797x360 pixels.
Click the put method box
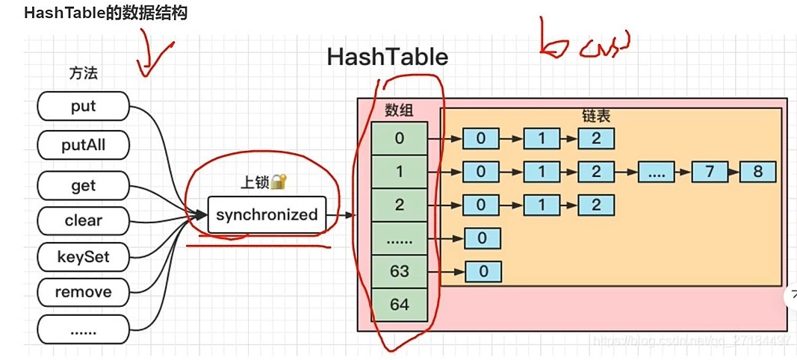tap(83, 107)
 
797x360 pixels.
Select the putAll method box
tap(83, 144)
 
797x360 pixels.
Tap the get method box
tap(83, 185)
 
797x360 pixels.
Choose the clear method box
tap(83, 220)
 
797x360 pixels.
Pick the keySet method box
tap(83, 257)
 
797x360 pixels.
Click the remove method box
tap(83, 292)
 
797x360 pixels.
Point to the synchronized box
tap(267, 215)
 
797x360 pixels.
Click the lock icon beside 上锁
tap(279, 181)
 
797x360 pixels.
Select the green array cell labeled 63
tap(400, 270)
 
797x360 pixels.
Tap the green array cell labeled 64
tap(400, 305)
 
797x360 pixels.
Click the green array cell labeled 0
tap(400, 138)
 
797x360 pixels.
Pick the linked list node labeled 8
tap(758, 172)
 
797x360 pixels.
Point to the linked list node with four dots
tap(657, 172)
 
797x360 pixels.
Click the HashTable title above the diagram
tap(388, 58)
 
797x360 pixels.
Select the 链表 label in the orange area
tap(596, 117)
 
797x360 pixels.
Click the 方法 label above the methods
tap(83, 73)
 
